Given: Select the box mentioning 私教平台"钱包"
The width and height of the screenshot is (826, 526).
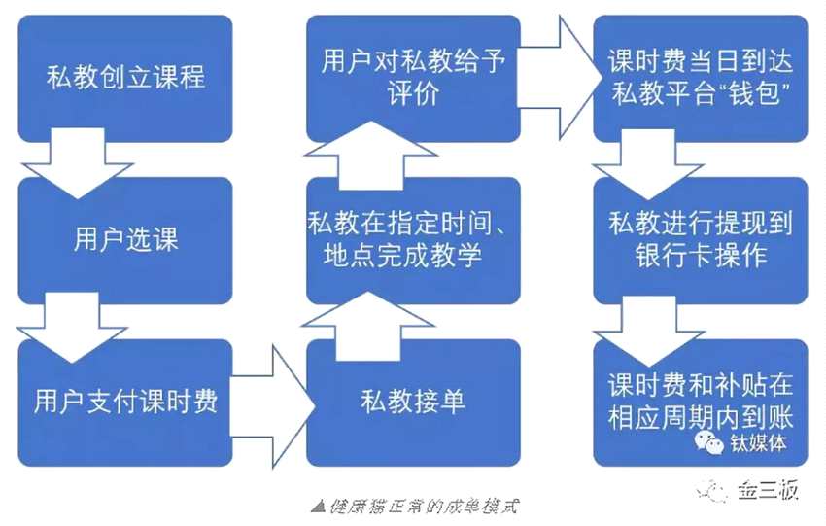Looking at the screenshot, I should click(700, 76).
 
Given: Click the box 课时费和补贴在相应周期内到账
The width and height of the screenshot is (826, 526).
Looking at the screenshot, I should click(700, 394).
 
